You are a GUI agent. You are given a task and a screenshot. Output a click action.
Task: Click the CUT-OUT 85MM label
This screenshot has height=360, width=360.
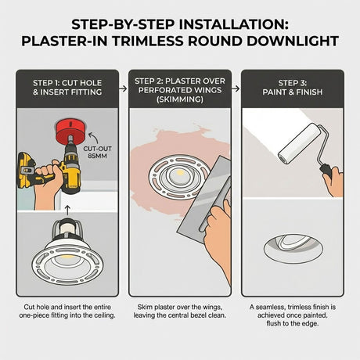click(x=97, y=153)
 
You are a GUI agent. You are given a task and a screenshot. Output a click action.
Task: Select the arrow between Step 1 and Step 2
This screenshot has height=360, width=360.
click(x=123, y=88)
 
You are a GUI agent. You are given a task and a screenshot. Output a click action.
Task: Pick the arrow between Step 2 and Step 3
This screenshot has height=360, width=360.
click(x=236, y=88)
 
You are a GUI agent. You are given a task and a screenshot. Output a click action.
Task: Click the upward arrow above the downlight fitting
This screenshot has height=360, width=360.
click(x=67, y=211)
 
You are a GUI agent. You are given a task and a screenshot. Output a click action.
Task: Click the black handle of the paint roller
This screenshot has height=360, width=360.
click(x=326, y=170)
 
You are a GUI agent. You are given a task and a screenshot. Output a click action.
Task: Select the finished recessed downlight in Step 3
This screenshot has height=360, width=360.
click(x=293, y=248)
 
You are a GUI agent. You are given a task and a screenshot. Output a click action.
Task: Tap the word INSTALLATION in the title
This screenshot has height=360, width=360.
click(x=234, y=25)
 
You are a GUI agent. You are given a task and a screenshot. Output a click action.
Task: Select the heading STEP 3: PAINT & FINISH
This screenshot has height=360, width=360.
click(x=293, y=88)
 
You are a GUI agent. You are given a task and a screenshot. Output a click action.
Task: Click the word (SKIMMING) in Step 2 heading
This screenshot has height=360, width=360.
click(x=180, y=99)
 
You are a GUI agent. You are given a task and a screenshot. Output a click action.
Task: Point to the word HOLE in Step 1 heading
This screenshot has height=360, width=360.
click(x=90, y=83)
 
